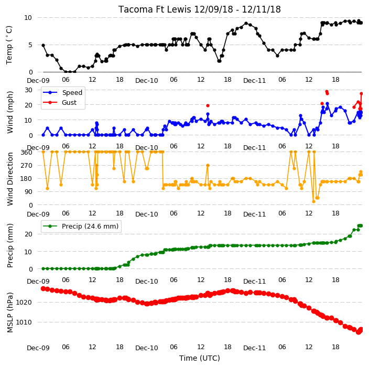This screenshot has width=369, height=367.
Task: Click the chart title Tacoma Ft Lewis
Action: click(155, 9)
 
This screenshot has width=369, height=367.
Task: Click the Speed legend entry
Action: click(62, 92)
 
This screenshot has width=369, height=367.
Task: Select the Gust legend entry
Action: click(60, 103)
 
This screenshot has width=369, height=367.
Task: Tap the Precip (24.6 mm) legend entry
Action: click(81, 226)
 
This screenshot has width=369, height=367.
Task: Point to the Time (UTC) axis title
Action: click(200, 358)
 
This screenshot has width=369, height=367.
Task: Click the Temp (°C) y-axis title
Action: click(9, 45)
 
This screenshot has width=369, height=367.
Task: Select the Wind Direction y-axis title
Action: click(10, 179)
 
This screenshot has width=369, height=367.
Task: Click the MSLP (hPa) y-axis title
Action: click(10, 312)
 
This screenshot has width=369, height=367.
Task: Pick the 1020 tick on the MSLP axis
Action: click(24, 303)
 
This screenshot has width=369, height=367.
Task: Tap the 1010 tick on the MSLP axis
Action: click(24, 322)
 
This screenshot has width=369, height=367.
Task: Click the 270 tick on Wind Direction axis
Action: click(26, 166)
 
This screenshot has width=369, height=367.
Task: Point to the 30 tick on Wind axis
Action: click(28, 90)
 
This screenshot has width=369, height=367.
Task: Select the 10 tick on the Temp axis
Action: click(28, 18)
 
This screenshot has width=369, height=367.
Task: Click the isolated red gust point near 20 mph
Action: click(208, 106)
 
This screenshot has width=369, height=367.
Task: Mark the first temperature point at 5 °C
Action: click(44, 45)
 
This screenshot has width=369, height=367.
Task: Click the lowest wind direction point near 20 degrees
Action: click(313, 201)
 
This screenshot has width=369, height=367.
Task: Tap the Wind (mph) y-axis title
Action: click(10, 113)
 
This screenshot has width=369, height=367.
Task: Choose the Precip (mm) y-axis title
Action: click(10, 246)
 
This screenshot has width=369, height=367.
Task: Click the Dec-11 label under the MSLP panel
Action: click(254, 348)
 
